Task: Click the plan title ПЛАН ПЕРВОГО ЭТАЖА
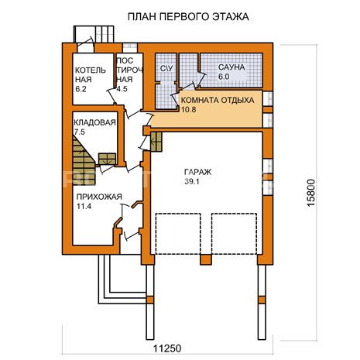(188, 16)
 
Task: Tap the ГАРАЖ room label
(197, 172)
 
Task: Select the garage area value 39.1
(192, 182)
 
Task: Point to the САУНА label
(231, 67)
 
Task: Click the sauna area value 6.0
(224, 77)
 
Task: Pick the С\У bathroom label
(166, 69)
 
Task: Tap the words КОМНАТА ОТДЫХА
(218, 100)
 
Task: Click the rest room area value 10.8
(188, 109)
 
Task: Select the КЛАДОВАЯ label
(94, 122)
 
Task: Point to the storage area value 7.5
(79, 132)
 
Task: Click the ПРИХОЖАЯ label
(99, 197)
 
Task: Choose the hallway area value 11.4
(84, 207)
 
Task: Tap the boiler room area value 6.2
(81, 89)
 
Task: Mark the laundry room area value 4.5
(122, 89)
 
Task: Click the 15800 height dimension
(311, 193)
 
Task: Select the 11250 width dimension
(167, 348)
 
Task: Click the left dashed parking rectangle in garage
(178, 234)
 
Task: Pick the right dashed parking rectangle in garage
(235, 234)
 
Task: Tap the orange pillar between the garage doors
(206, 259)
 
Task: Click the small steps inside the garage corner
(156, 142)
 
